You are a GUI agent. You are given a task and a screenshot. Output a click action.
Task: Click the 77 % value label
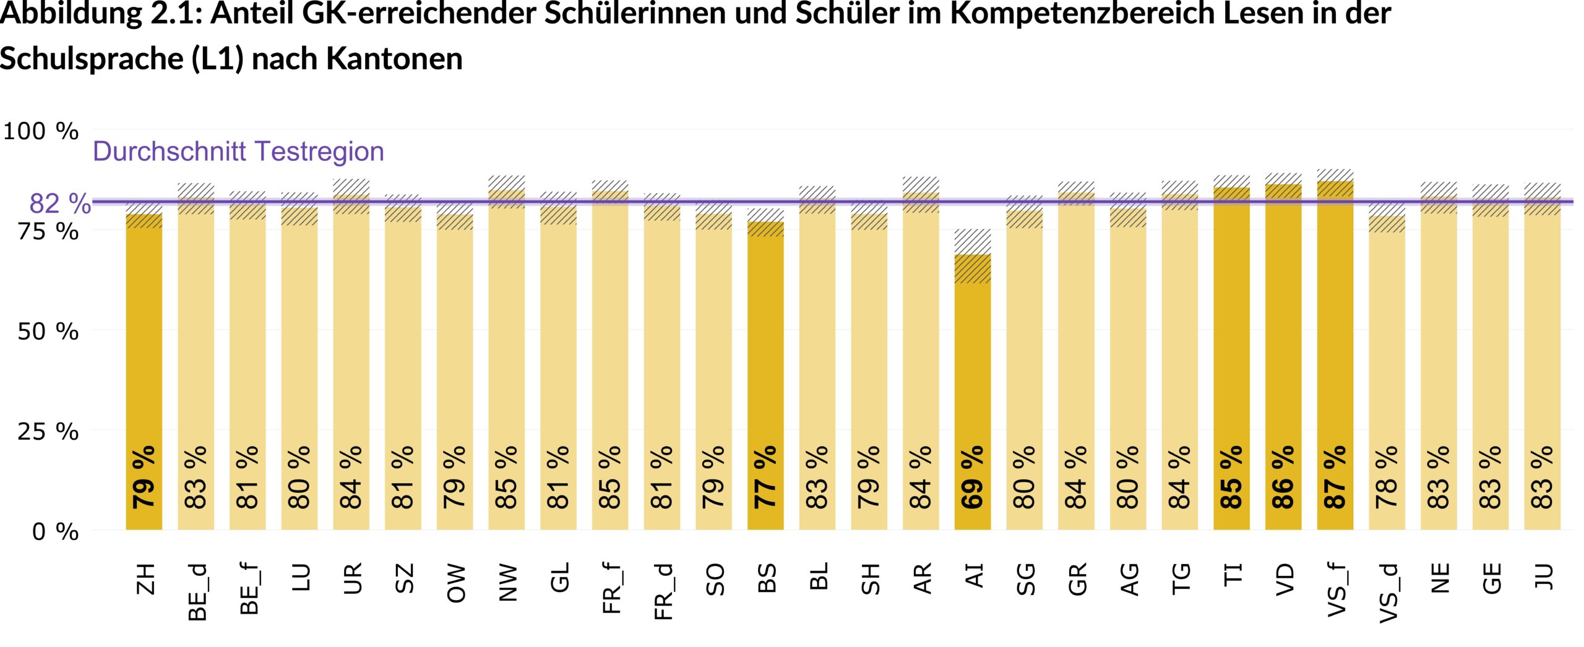coord(765,477)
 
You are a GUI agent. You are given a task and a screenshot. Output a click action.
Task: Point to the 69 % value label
coord(972,477)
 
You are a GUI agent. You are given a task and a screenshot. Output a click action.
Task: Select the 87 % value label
coord(1335,477)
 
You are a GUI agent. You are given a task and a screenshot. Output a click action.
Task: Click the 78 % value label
coord(1387,477)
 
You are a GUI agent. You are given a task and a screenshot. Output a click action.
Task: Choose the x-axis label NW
coord(507,582)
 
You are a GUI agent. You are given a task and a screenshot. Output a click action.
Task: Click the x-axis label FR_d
coord(663,591)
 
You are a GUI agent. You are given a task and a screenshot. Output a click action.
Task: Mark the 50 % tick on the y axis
coord(48,332)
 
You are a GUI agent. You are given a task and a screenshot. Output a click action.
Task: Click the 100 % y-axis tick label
coord(41,131)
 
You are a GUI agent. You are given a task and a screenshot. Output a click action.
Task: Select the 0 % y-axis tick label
coord(55,532)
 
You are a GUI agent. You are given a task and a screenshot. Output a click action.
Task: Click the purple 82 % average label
coord(60,204)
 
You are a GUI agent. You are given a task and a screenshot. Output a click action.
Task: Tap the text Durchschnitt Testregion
coord(238,152)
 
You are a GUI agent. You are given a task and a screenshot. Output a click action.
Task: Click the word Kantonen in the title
coord(394,59)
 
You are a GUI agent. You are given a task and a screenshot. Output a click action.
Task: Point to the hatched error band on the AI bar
coord(972,256)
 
